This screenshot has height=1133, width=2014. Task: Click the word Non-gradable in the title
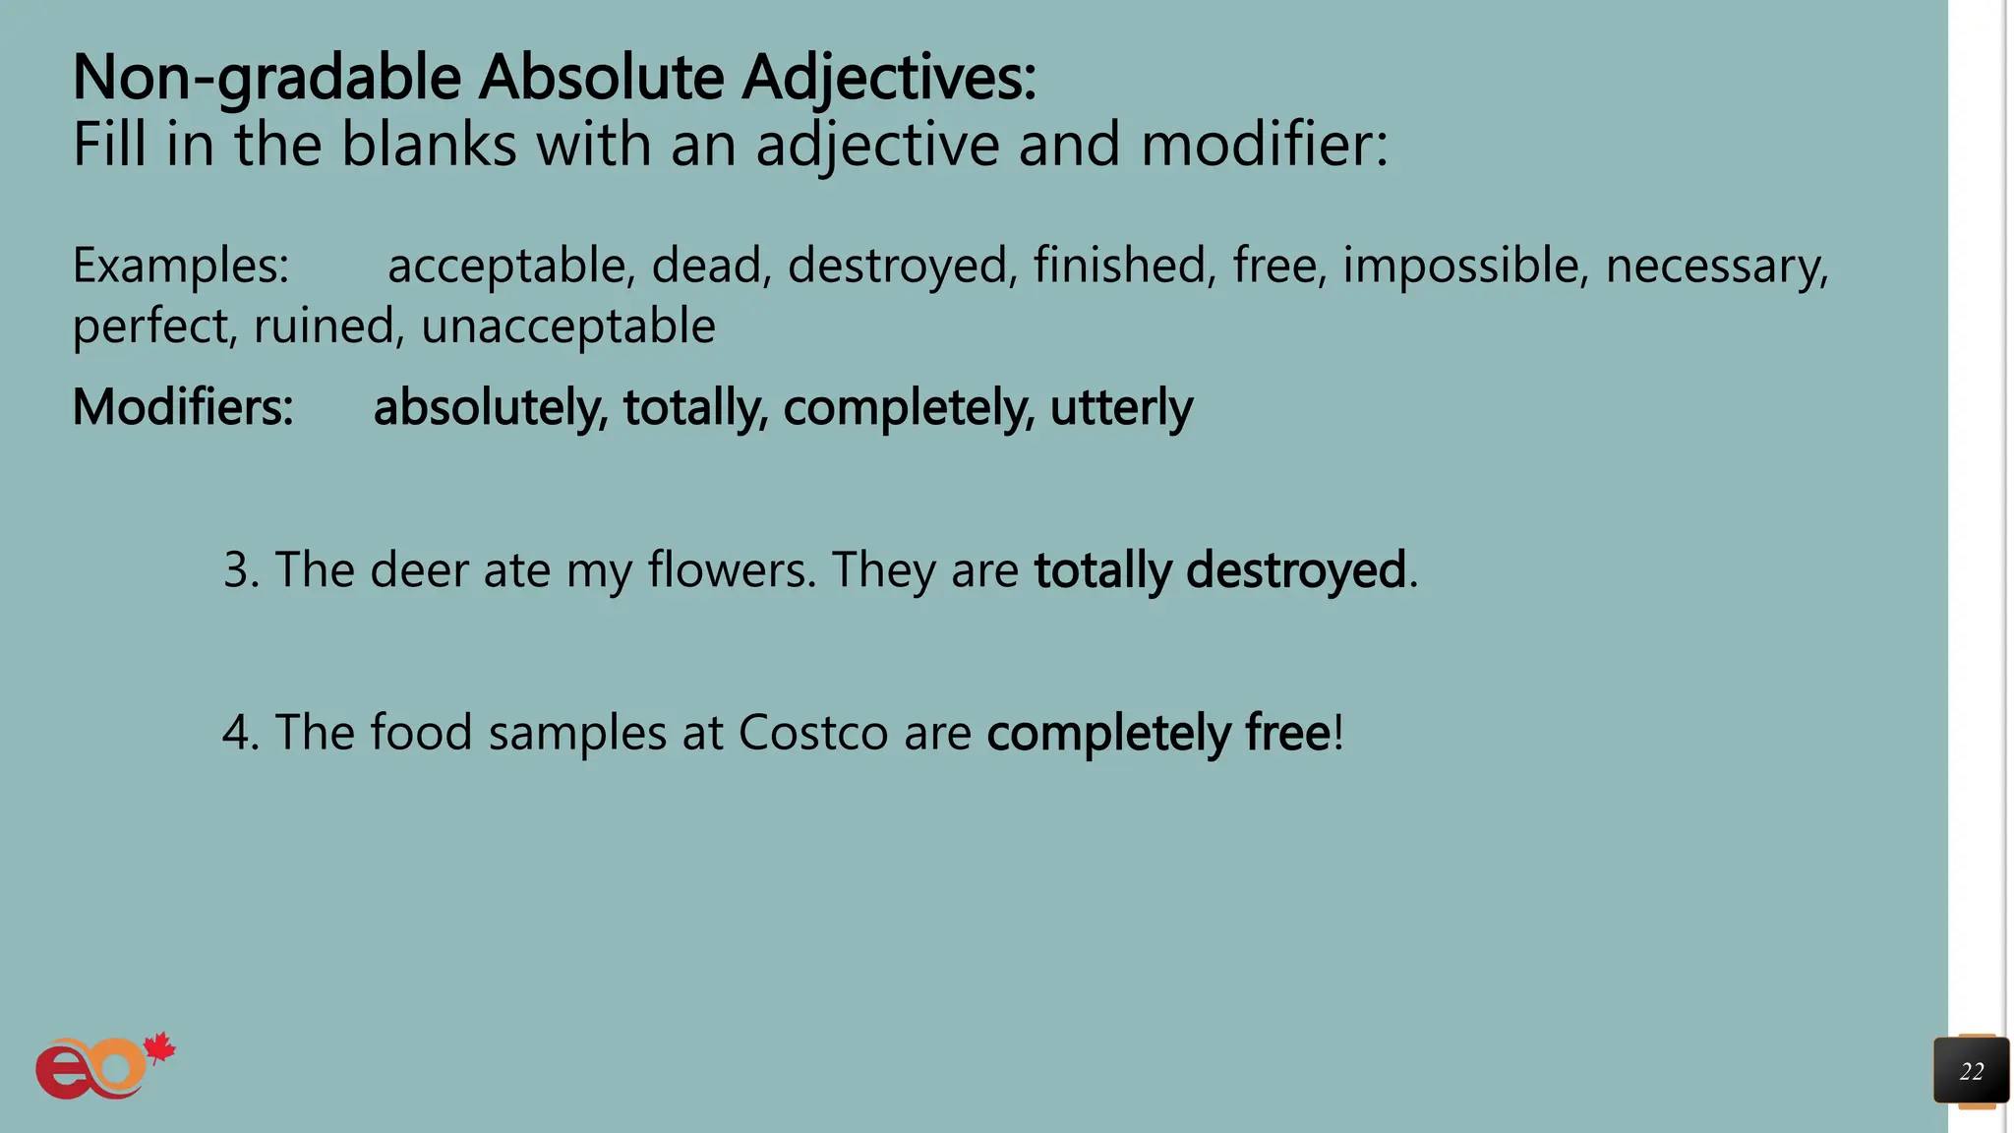(x=267, y=78)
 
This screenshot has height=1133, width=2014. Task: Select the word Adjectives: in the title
(x=889, y=78)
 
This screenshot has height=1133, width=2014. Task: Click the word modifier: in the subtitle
(x=1265, y=145)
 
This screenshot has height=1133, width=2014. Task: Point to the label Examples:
(x=181, y=266)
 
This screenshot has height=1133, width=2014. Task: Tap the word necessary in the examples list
(x=1716, y=266)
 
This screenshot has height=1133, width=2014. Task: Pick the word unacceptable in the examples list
(x=568, y=327)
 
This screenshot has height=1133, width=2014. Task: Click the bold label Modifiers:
(x=183, y=407)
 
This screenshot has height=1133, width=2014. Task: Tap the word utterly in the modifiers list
(x=1121, y=407)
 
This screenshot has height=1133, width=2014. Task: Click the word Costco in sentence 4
(x=813, y=733)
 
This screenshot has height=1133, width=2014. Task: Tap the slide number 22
(x=1971, y=1071)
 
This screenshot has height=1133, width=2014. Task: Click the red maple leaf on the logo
(x=158, y=1048)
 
